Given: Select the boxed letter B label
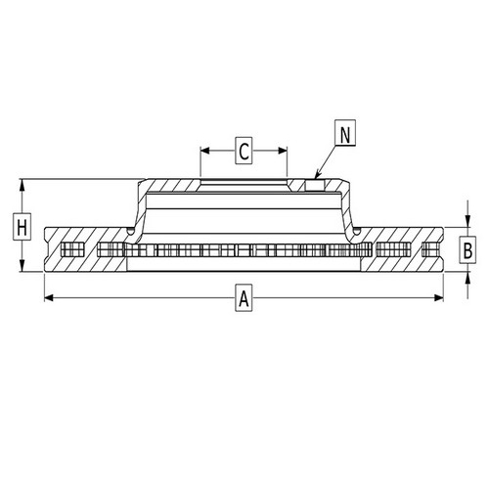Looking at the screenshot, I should (x=468, y=250).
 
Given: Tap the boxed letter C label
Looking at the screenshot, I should (x=244, y=151).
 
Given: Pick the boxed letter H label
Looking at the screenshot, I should (x=22, y=229).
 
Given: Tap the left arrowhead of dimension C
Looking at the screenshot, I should (x=203, y=151).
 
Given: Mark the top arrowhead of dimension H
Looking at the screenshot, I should (x=22, y=183).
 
